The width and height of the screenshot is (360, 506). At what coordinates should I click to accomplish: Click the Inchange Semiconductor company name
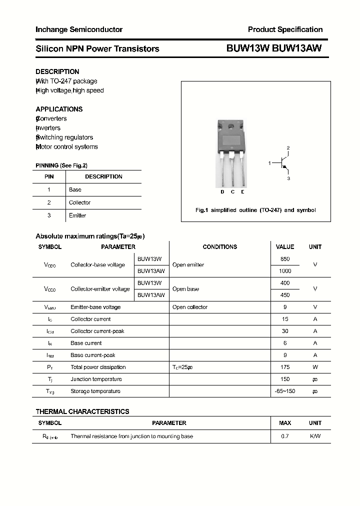tap(79, 29)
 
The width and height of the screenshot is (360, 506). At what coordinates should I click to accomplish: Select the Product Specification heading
tap(285, 29)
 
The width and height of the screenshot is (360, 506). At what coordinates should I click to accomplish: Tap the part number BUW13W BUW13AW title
tap(274, 48)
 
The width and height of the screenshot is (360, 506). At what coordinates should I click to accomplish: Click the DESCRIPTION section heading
tap(57, 71)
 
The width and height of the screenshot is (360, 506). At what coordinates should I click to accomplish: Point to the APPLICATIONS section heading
tap(59, 109)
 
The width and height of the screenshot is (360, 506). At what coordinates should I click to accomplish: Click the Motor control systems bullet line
tap(67, 146)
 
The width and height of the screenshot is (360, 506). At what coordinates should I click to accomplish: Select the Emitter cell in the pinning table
tap(77, 215)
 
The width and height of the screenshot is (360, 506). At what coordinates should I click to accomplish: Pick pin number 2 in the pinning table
tap(49, 202)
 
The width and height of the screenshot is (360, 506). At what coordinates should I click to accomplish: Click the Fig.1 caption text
tap(255, 210)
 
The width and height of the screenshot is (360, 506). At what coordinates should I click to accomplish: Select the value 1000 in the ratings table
tap(285, 271)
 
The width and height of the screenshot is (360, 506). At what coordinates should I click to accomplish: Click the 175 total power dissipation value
tap(285, 367)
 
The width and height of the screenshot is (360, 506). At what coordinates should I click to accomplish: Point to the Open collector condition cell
tap(189, 307)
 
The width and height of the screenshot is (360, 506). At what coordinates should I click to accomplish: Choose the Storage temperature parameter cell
tap(95, 391)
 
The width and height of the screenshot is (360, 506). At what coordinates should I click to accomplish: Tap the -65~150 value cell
tap(285, 391)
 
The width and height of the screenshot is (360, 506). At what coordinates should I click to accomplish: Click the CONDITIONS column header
tap(219, 247)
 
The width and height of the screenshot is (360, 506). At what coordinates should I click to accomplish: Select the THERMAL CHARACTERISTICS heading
tap(82, 411)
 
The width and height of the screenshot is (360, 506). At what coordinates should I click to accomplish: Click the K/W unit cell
tap(315, 436)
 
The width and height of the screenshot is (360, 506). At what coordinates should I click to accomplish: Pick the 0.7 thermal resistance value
tap(285, 436)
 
